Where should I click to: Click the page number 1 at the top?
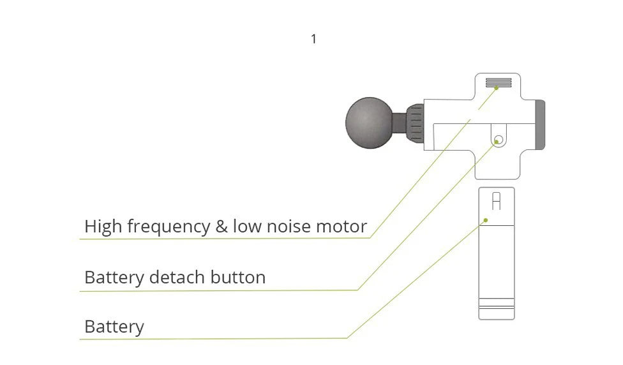click(x=313, y=40)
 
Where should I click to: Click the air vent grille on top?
click(x=499, y=82)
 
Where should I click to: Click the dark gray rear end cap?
click(x=540, y=124)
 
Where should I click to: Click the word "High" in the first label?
click(x=103, y=226)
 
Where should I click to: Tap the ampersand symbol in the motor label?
click(x=221, y=226)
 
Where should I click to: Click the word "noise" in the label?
click(x=287, y=227)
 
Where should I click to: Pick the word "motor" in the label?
click(x=342, y=227)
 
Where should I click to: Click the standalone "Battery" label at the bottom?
click(x=114, y=327)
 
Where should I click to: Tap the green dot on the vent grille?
click(x=497, y=88)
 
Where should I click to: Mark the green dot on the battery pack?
click(x=485, y=220)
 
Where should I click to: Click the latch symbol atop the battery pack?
click(x=497, y=202)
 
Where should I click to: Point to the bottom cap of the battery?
click(x=497, y=313)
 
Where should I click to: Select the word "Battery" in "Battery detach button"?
click(x=114, y=278)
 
